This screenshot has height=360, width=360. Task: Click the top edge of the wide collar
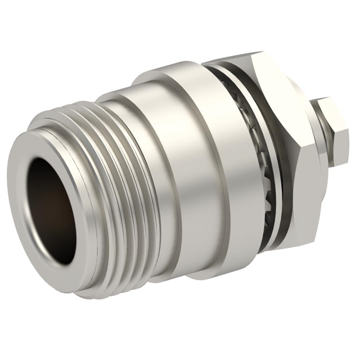click(169, 76)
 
